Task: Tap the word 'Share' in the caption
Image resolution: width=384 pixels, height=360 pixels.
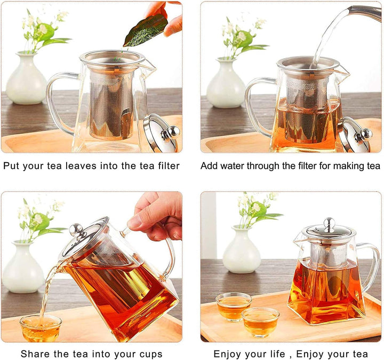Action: [34, 354]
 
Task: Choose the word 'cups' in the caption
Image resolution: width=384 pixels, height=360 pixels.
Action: [150, 354]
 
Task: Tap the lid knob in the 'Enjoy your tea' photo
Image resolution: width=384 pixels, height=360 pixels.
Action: [329, 222]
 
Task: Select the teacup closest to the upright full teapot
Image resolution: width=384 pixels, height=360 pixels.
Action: [260, 321]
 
